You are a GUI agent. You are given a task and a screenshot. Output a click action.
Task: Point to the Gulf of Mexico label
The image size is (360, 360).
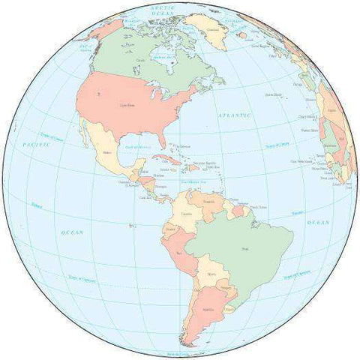(x=138, y=147)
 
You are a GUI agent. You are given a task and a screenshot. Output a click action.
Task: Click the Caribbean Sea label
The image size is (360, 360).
(x=194, y=180)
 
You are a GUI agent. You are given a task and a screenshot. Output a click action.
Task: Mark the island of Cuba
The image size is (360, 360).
(x=166, y=160)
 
